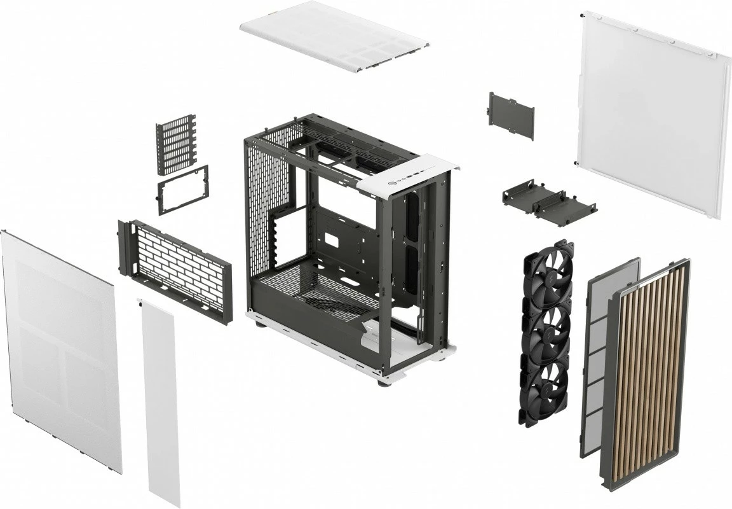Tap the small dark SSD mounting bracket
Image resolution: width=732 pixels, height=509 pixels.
tap(512, 115)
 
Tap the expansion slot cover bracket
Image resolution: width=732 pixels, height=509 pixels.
tap(176, 144)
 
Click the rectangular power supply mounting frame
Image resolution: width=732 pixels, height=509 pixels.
tap(183, 189)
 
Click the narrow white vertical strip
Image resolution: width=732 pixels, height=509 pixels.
tap(159, 401)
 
